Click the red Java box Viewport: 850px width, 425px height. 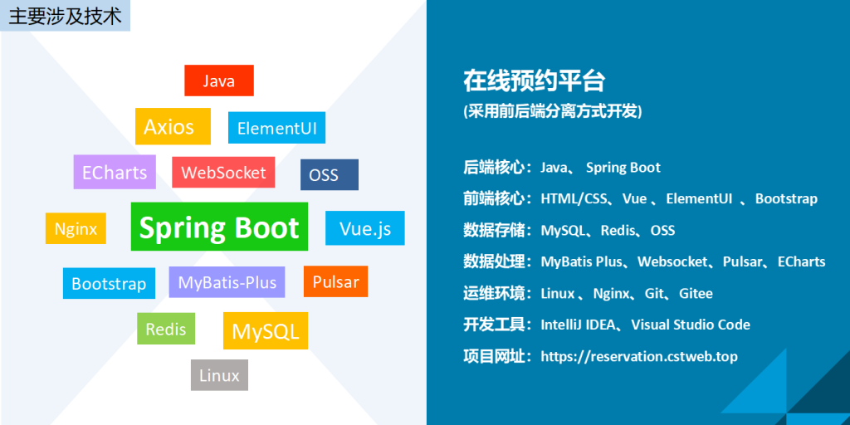click(219, 81)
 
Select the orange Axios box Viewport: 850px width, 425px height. click(173, 126)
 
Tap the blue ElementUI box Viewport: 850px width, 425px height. click(276, 128)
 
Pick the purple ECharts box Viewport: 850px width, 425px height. click(115, 172)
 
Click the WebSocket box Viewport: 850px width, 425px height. click(223, 173)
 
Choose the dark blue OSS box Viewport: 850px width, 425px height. click(330, 174)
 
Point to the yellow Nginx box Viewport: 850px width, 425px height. click(76, 228)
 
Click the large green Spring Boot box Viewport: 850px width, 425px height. click(219, 227)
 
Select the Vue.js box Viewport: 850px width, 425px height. click(365, 228)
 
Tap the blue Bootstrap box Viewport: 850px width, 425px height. click(109, 284)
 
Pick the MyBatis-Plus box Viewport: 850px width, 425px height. click(227, 282)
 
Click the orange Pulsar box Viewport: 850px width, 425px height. click(335, 281)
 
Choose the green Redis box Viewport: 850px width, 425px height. click(166, 329)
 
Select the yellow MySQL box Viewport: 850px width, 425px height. click(266, 330)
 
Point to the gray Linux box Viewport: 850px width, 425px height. click(219, 375)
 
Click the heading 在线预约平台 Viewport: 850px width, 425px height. click(534, 82)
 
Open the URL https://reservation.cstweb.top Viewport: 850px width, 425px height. click(639, 357)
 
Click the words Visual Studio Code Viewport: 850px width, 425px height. click(691, 325)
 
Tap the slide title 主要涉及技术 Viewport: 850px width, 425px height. click(65, 17)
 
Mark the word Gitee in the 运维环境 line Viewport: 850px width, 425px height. click(696, 293)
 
